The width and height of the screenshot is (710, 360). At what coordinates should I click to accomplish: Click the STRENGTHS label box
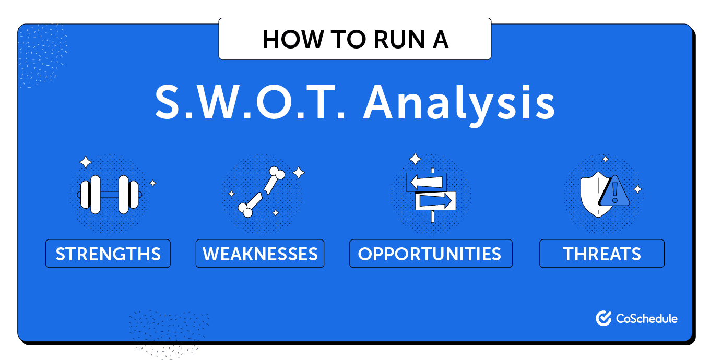click(x=108, y=254)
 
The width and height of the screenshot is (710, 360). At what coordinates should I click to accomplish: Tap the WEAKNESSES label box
click(x=260, y=254)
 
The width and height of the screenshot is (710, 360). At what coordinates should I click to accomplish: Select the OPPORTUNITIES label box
click(x=431, y=254)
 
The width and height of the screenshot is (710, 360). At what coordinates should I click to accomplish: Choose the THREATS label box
click(x=602, y=254)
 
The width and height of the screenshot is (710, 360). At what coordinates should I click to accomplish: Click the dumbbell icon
click(x=109, y=195)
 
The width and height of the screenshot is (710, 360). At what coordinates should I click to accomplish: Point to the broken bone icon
click(x=262, y=191)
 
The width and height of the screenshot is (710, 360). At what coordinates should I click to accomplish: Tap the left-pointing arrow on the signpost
click(x=427, y=182)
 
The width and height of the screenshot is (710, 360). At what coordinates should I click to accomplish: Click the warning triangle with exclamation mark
click(x=614, y=191)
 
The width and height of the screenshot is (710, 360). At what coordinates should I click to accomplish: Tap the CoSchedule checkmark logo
click(x=603, y=318)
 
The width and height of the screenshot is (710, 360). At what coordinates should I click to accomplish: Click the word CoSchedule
click(x=647, y=318)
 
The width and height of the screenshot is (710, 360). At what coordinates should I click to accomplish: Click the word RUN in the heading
click(x=399, y=40)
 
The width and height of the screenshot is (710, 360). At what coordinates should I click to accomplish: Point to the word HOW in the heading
click(x=292, y=40)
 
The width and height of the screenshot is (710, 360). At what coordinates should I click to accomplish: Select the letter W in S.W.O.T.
click(x=221, y=102)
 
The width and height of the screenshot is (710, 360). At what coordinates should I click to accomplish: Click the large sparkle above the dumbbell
click(x=86, y=162)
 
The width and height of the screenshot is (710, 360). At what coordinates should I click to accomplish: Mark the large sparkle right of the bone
click(x=299, y=173)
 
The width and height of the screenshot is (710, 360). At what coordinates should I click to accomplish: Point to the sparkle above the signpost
click(x=415, y=159)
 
